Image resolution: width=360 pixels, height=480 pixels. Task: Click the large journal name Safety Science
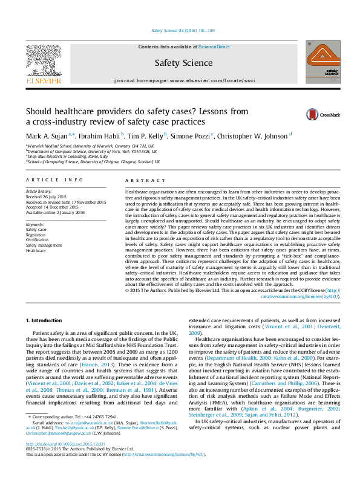(x=179, y=62)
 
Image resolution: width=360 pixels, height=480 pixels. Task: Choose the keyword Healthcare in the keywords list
(x=36, y=250)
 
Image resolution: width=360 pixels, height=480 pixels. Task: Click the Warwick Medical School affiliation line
(x=91, y=146)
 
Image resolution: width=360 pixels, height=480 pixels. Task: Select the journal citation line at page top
(x=180, y=30)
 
